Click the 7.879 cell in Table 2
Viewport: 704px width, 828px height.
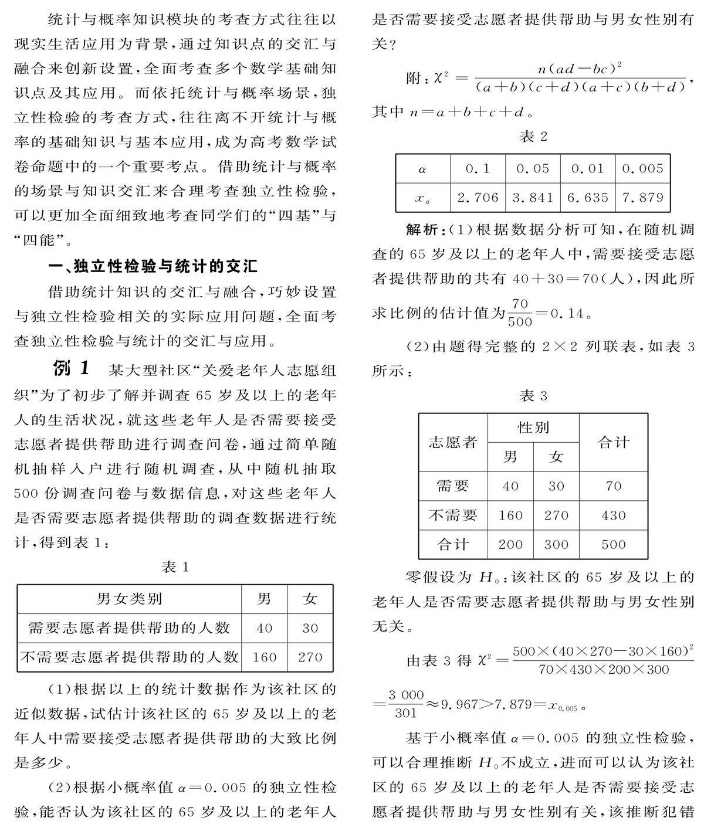[x=642, y=198]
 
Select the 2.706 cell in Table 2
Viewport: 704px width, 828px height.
[x=478, y=198]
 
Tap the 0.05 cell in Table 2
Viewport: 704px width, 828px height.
[x=533, y=169]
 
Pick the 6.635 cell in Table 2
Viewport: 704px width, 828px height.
[x=587, y=198]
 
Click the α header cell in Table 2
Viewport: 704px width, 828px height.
[x=423, y=169]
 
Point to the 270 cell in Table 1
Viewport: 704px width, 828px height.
[x=310, y=657]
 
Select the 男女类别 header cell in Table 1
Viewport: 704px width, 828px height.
[x=129, y=599]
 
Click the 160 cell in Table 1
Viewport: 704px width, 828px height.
[x=264, y=657]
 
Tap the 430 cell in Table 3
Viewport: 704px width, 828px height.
[x=613, y=515]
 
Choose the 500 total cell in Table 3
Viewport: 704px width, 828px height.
[x=613, y=544]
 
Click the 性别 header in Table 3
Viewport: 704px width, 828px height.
[x=533, y=427]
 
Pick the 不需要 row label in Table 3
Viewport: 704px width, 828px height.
[x=453, y=515]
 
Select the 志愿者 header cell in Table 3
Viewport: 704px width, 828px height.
[x=453, y=442]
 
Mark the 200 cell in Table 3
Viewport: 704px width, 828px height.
[x=510, y=544]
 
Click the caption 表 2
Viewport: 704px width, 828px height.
[x=533, y=137]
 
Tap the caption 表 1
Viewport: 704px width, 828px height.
[x=175, y=567]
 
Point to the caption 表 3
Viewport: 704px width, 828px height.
[x=533, y=396]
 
